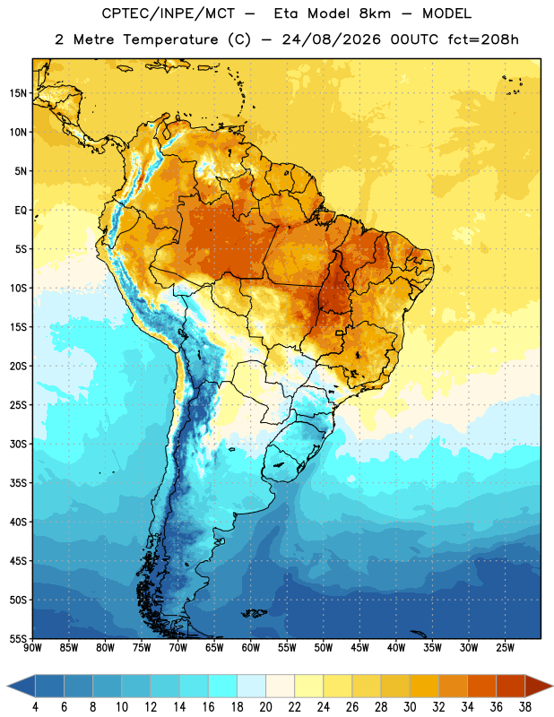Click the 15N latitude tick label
tap(18, 93)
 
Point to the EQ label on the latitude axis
tap(21, 211)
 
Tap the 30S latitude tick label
tap(18, 444)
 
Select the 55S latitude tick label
tap(18, 638)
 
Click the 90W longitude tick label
tap(32, 648)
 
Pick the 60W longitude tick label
tap(251, 648)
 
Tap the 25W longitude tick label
tap(505, 648)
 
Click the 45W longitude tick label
tap(359, 648)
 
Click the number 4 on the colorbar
tap(35, 707)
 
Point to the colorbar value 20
tap(265, 707)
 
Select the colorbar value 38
tap(525, 707)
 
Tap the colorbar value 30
tap(410, 707)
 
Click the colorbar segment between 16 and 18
tap(223, 686)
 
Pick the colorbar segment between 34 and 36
tap(482, 686)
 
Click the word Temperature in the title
tap(170, 40)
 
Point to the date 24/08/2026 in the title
tap(331, 39)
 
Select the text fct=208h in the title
tap(483, 39)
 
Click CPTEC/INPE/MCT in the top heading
tap(169, 14)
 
